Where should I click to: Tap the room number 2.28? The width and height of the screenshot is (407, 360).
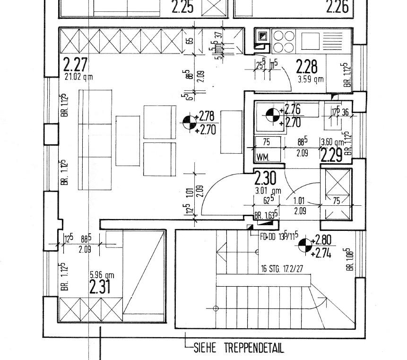307,67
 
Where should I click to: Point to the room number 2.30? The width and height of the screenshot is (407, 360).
266,179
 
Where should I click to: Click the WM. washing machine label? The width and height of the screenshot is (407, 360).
264,157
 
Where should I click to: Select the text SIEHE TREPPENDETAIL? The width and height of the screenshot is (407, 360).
239,349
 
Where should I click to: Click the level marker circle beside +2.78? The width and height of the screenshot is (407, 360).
190,122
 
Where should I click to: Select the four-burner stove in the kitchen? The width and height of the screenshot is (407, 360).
282,41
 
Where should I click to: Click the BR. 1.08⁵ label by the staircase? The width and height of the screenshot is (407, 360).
350,259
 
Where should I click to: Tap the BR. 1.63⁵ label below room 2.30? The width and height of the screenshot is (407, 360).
266,216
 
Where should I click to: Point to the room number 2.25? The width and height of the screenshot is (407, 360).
182,7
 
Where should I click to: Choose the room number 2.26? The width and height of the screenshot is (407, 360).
338,7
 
